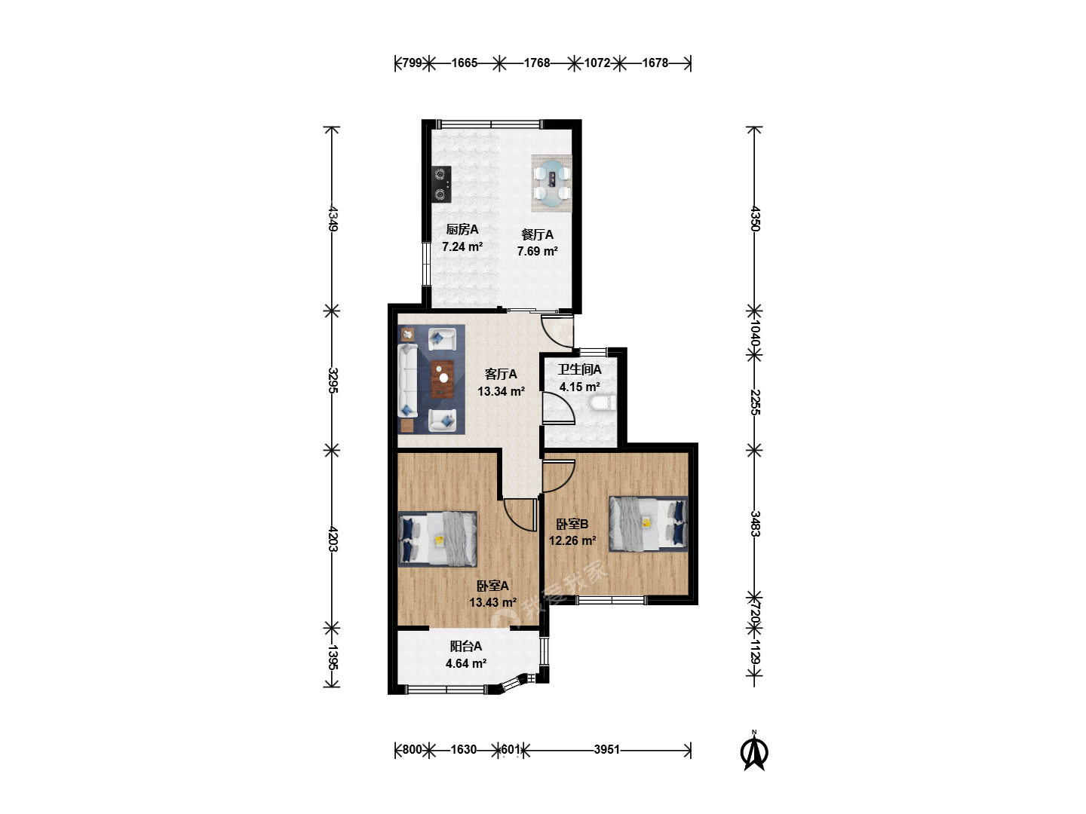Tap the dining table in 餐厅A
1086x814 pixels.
[551, 183]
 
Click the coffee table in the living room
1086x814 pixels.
[442, 379]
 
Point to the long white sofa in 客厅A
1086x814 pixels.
[408, 381]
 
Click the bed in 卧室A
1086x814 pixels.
[438, 539]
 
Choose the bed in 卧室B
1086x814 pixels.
[648, 523]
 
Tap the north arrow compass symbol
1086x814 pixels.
[754, 751]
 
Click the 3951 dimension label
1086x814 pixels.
[606, 749]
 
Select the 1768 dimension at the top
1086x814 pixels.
[537, 63]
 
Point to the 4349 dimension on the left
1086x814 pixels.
[333, 219]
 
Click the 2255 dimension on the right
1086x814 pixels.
[755, 402]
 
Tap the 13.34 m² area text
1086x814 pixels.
[501, 391]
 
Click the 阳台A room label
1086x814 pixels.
[465, 646]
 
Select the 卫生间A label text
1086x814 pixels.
[579, 369]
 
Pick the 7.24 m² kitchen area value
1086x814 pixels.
[462, 246]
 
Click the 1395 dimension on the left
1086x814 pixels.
[333, 657]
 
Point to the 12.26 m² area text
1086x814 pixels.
[572, 540]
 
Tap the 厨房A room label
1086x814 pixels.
[462, 229]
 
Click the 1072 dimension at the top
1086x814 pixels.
[597, 63]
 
